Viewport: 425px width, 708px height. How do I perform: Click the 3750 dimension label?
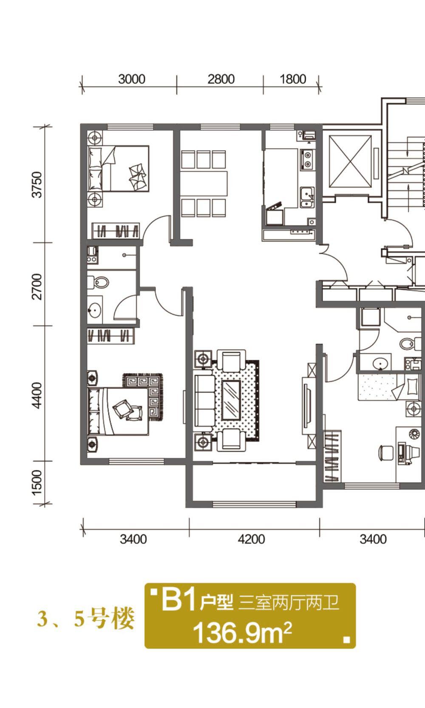pos(37,184)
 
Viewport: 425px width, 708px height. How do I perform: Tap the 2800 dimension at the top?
pos(221,79)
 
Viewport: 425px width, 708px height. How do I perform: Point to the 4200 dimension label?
pos(252,539)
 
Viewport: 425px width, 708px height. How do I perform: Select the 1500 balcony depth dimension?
pos(37,484)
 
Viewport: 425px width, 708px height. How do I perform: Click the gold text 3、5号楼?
pos(86,618)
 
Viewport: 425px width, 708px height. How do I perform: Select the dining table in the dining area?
pos(204,184)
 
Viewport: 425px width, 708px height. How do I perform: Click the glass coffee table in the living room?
pos(231,401)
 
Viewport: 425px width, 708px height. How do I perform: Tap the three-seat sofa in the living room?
pos(204,401)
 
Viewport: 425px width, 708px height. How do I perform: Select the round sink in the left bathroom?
pos(95,310)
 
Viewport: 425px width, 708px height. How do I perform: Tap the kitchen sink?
pos(307,197)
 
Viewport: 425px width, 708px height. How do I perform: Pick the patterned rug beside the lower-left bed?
pos(143,397)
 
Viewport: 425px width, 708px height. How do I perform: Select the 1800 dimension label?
pos(293,79)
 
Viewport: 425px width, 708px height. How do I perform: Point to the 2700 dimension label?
pos(37,286)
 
